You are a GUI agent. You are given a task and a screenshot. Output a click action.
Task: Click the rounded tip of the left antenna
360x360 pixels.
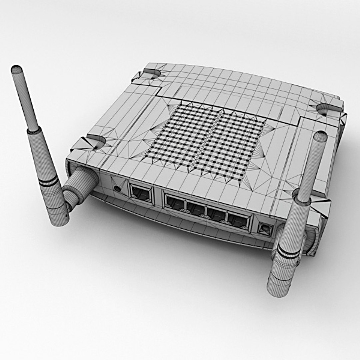[x=16, y=70]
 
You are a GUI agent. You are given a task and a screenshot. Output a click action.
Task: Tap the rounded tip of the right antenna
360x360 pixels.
[x=320, y=136]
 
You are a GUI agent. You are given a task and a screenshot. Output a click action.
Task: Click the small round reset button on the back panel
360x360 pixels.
[x=117, y=188]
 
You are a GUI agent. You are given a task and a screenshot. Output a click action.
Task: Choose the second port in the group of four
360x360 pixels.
[x=195, y=208]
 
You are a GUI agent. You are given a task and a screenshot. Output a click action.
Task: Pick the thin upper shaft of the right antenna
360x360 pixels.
[x=312, y=167]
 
